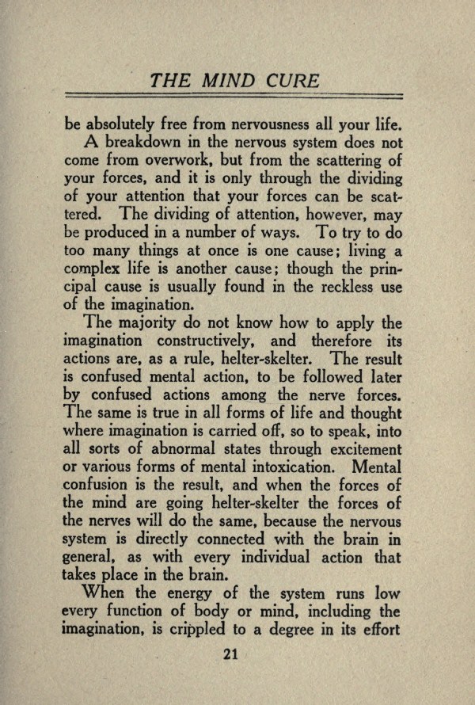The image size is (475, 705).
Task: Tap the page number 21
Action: [231, 653]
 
